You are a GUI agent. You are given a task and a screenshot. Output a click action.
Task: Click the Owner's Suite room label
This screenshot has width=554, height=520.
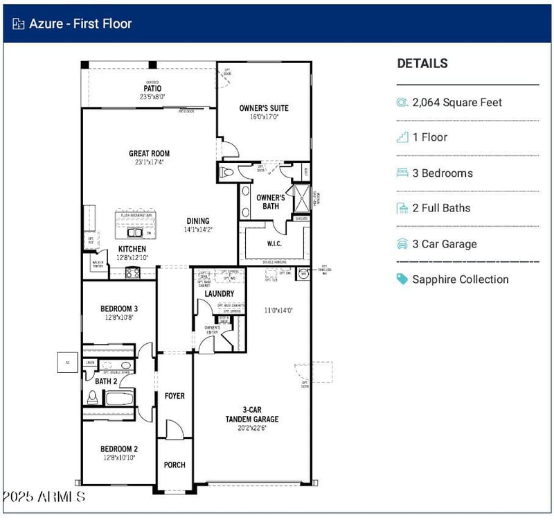(264, 108)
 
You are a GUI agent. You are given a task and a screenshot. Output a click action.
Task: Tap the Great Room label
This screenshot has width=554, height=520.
(149, 153)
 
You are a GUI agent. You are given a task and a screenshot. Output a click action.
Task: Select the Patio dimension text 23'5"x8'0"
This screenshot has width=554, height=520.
(152, 97)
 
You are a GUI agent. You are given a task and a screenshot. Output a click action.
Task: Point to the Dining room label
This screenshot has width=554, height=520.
(197, 221)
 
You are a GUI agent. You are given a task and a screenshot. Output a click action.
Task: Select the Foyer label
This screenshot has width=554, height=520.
(175, 396)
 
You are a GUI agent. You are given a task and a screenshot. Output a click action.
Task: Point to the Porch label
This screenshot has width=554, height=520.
(175, 465)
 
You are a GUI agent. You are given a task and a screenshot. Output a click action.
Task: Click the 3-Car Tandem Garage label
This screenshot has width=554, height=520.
(251, 414)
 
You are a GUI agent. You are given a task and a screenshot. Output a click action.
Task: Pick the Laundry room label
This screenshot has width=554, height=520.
(219, 294)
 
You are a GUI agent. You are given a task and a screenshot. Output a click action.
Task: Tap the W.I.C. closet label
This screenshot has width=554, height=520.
(274, 243)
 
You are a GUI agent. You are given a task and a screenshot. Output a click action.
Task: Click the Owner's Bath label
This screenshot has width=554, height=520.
(270, 202)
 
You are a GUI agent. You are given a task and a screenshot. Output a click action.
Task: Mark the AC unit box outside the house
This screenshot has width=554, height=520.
(68, 362)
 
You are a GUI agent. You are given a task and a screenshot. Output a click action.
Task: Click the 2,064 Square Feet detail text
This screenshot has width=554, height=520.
(457, 103)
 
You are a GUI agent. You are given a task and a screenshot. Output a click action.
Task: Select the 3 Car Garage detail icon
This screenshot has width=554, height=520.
(402, 244)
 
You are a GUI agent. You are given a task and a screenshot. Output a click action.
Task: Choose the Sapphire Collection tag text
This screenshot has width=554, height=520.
(460, 279)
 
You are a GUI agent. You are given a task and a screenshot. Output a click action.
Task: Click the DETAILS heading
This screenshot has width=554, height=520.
(422, 63)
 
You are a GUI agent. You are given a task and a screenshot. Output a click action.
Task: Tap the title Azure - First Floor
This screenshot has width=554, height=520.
(80, 24)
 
